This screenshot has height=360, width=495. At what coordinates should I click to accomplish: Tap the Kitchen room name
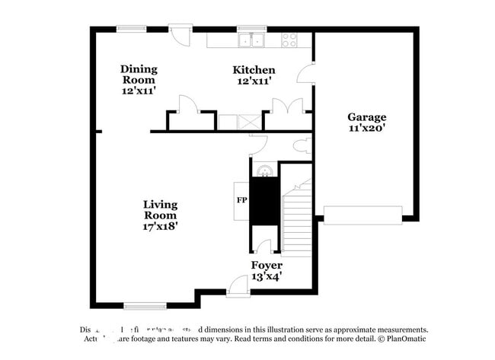pyautogui.click(x=254, y=70)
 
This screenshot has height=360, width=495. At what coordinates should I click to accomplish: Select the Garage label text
pyautogui.click(x=367, y=117)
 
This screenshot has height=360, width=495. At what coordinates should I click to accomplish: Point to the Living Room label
pyautogui.click(x=161, y=209)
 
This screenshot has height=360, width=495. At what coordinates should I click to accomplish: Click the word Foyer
pyautogui.click(x=267, y=266)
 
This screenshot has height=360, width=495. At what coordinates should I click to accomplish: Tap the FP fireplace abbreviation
pyautogui.click(x=241, y=201)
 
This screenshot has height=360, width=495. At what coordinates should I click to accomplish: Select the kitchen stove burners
pyautogui.click(x=291, y=39)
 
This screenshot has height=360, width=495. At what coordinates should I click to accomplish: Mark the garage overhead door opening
pyautogui.click(x=362, y=215)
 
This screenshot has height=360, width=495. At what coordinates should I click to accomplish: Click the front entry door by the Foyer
pyautogui.click(x=238, y=288)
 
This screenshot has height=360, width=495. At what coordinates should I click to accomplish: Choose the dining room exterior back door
pyautogui.click(x=180, y=36)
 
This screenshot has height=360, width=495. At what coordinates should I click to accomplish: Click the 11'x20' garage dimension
pyautogui.click(x=367, y=129)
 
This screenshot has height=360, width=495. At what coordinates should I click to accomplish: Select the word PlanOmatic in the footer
pyautogui.click(x=404, y=339)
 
